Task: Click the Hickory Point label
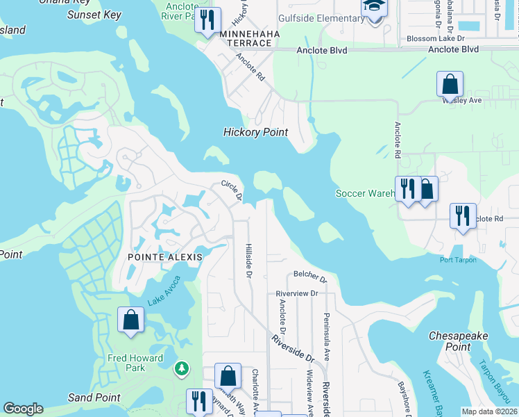tap(255, 132)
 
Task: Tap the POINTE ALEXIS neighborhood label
tap(164, 256)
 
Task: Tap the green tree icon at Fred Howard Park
tap(182, 367)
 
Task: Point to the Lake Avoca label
tap(164, 292)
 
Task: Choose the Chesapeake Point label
tap(459, 341)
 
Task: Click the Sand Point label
tap(94, 398)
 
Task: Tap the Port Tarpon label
tap(458, 261)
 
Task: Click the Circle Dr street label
tap(231, 190)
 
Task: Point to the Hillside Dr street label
tap(248, 259)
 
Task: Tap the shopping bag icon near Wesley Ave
tap(450, 85)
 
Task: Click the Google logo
tap(23, 409)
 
